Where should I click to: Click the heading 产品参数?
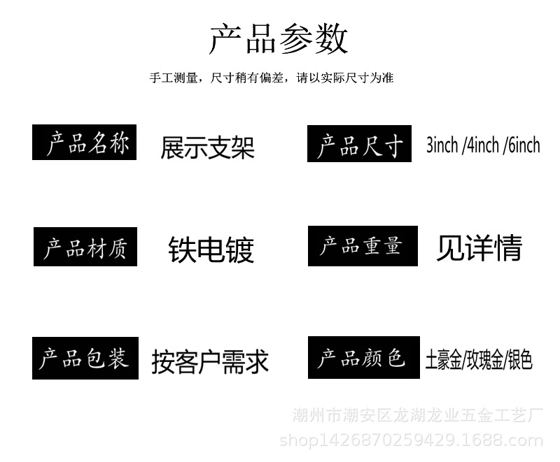pos(279,38)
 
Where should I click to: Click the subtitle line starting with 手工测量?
pos(272,78)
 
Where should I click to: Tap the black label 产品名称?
pos(85,143)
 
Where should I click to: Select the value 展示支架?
pos(207,147)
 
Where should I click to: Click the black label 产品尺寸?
pos(359,145)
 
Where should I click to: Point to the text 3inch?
pos(442,145)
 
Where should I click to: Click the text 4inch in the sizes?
pos(483,145)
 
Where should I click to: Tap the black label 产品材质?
pos(85,247)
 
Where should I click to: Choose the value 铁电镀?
pos(211,250)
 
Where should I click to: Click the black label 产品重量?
pos(362,246)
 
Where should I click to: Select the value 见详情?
pos(479,248)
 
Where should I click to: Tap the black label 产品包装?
pos(84,359)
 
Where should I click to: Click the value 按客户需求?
pos(210,361)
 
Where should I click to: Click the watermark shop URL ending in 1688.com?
pos(411,440)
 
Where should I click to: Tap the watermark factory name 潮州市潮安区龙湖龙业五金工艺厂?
pos(417,417)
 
